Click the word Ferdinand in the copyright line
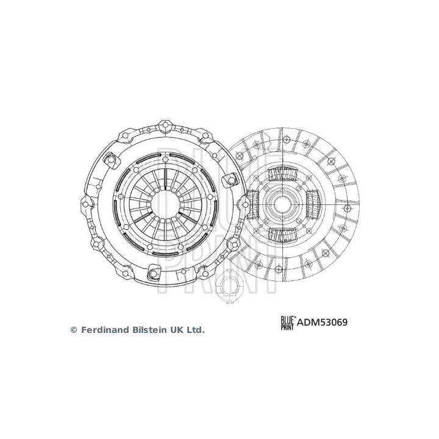(103, 330)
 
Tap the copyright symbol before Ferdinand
(74, 330)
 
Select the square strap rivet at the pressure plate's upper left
(112, 159)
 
